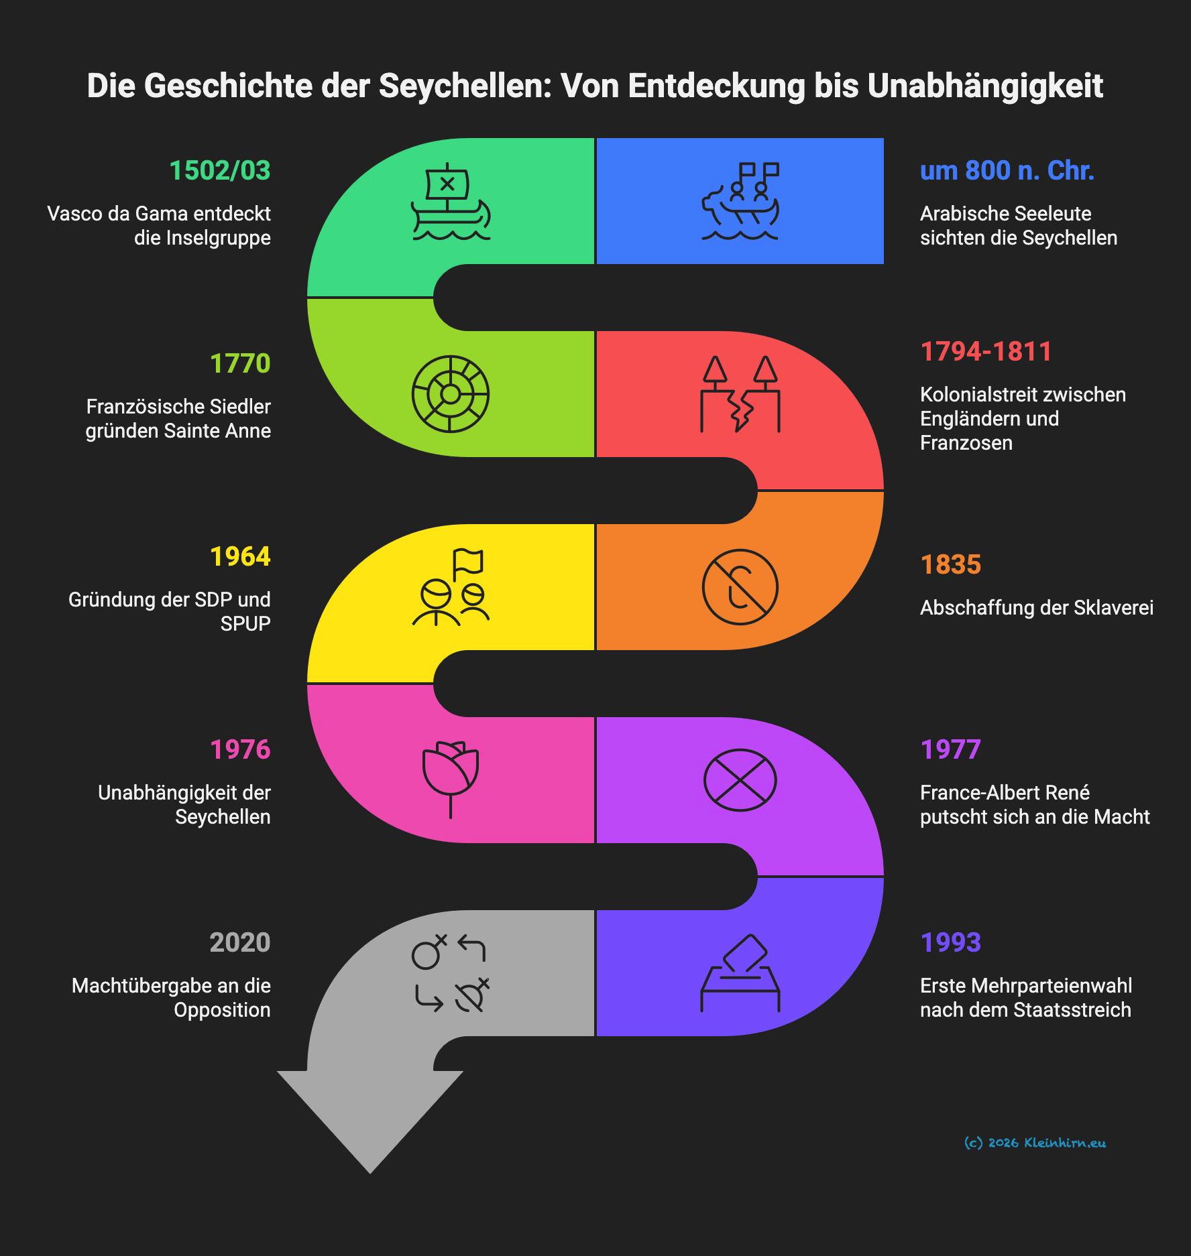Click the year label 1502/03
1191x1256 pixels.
pyautogui.click(x=219, y=171)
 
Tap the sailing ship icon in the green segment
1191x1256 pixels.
pyautogui.click(x=450, y=201)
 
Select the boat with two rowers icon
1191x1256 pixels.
pyautogui.click(x=740, y=201)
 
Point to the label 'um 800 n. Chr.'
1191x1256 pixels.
pyautogui.click(x=1007, y=171)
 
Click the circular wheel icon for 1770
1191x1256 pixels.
pyautogui.click(x=450, y=394)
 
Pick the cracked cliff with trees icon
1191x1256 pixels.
pyautogui.click(x=740, y=394)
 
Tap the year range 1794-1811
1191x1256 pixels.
pyautogui.click(x=986, y=352)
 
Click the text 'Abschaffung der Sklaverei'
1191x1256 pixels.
pyautogui.click(x=1036, y=608)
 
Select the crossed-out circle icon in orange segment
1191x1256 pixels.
pyautogui.click(x=740, y=587)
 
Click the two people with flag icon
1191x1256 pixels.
pyautogui.click(x=450, y=587)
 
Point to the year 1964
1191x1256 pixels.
pyautogui.click(x=240, y=557)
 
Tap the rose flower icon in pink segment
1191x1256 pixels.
pyautogui.click(x=450, y=779)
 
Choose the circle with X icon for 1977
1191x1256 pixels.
pyautogui.click(x=740, y=780)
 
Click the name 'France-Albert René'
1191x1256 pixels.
pyautogui.click(x=1005, y=793)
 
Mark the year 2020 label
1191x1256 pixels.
pyautogui.click(x=240, y=943)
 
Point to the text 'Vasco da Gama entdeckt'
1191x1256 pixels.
pyautogui.click(x=159, y=214)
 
